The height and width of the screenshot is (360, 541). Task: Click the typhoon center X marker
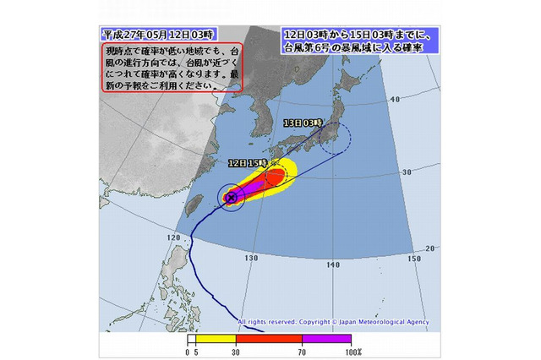click(231, 197)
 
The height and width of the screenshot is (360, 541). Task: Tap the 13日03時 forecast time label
click(302, 123)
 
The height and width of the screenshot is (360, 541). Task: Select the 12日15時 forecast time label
click(248, 162)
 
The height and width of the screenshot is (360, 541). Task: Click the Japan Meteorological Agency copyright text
click(333, 322)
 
